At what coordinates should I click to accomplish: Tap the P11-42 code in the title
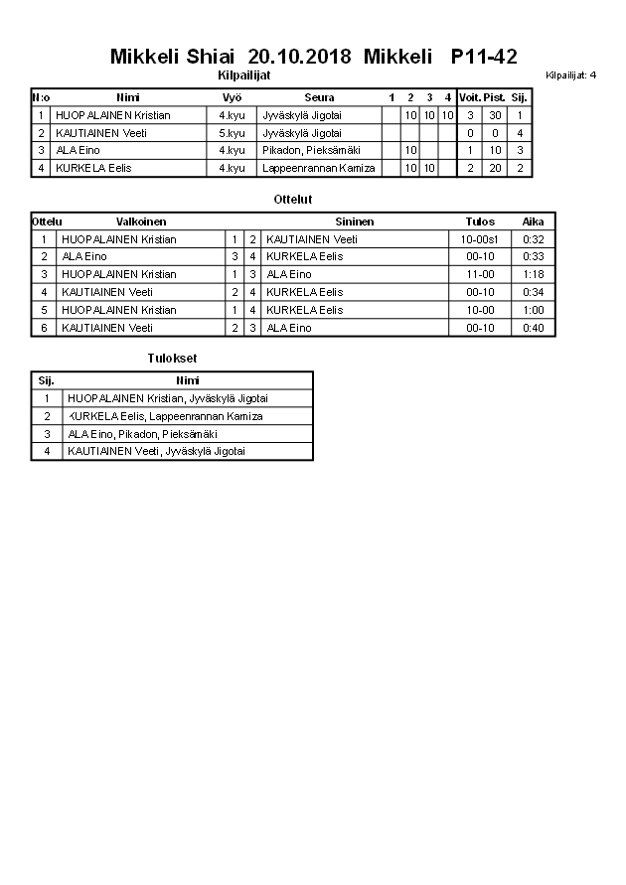pos(484,57)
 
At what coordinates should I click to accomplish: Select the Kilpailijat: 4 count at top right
pos(571,74)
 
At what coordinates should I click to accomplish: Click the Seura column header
pos(319,97)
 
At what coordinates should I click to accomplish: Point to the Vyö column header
pos(232,97)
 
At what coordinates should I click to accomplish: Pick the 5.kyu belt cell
pos(232,133)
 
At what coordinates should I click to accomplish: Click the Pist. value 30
pos(495,115)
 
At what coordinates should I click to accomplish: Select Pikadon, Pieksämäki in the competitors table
pos(302,150)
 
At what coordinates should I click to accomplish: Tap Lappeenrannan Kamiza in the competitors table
pos(318,168)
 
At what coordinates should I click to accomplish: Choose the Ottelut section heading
pos(293,200)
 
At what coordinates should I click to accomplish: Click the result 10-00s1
pos(480,239)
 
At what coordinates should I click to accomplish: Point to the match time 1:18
pos(533,274)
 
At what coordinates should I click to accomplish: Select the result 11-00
pos(480,274)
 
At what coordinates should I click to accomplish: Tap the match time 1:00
pos(533,310)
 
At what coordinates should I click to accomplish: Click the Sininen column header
pos(354,221)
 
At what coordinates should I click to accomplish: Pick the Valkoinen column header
pos(141,221)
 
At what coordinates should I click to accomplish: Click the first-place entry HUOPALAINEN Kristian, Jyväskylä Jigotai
pos(167,398)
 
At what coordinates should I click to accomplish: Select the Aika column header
pos(533,221)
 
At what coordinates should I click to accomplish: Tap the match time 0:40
pos(533,328)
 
